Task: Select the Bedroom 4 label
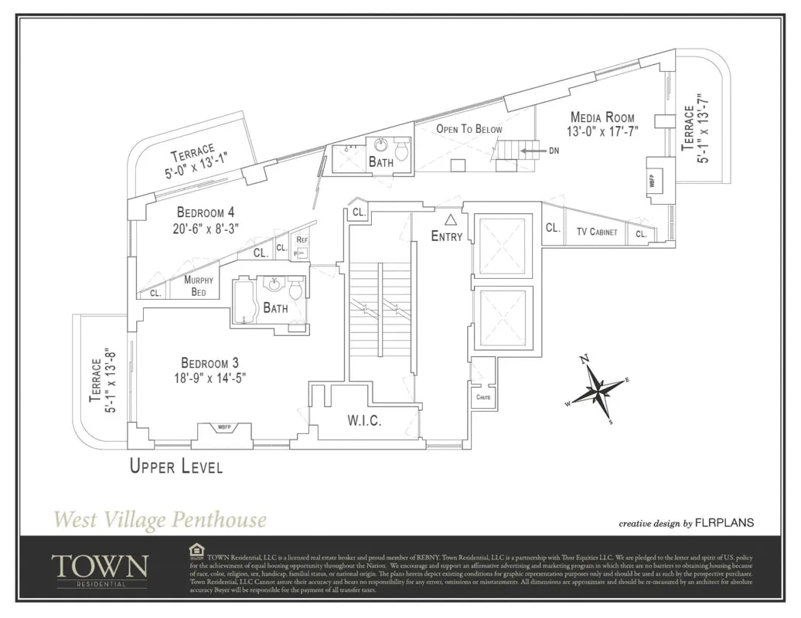[x=205, y=212]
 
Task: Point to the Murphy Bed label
[x=198, y=287]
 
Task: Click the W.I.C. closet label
[x=363, y=421]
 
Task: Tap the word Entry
[x=447, y=236]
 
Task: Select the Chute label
[x=483, y=398]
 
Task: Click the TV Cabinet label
[x=597, y=232]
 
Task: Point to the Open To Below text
[x=469, y=129]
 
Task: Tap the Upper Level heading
[x=176, y=467]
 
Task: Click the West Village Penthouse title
[x=160, y=520]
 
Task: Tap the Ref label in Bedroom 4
[x=302, y=240]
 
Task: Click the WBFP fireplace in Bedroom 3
[x=224, y=427]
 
